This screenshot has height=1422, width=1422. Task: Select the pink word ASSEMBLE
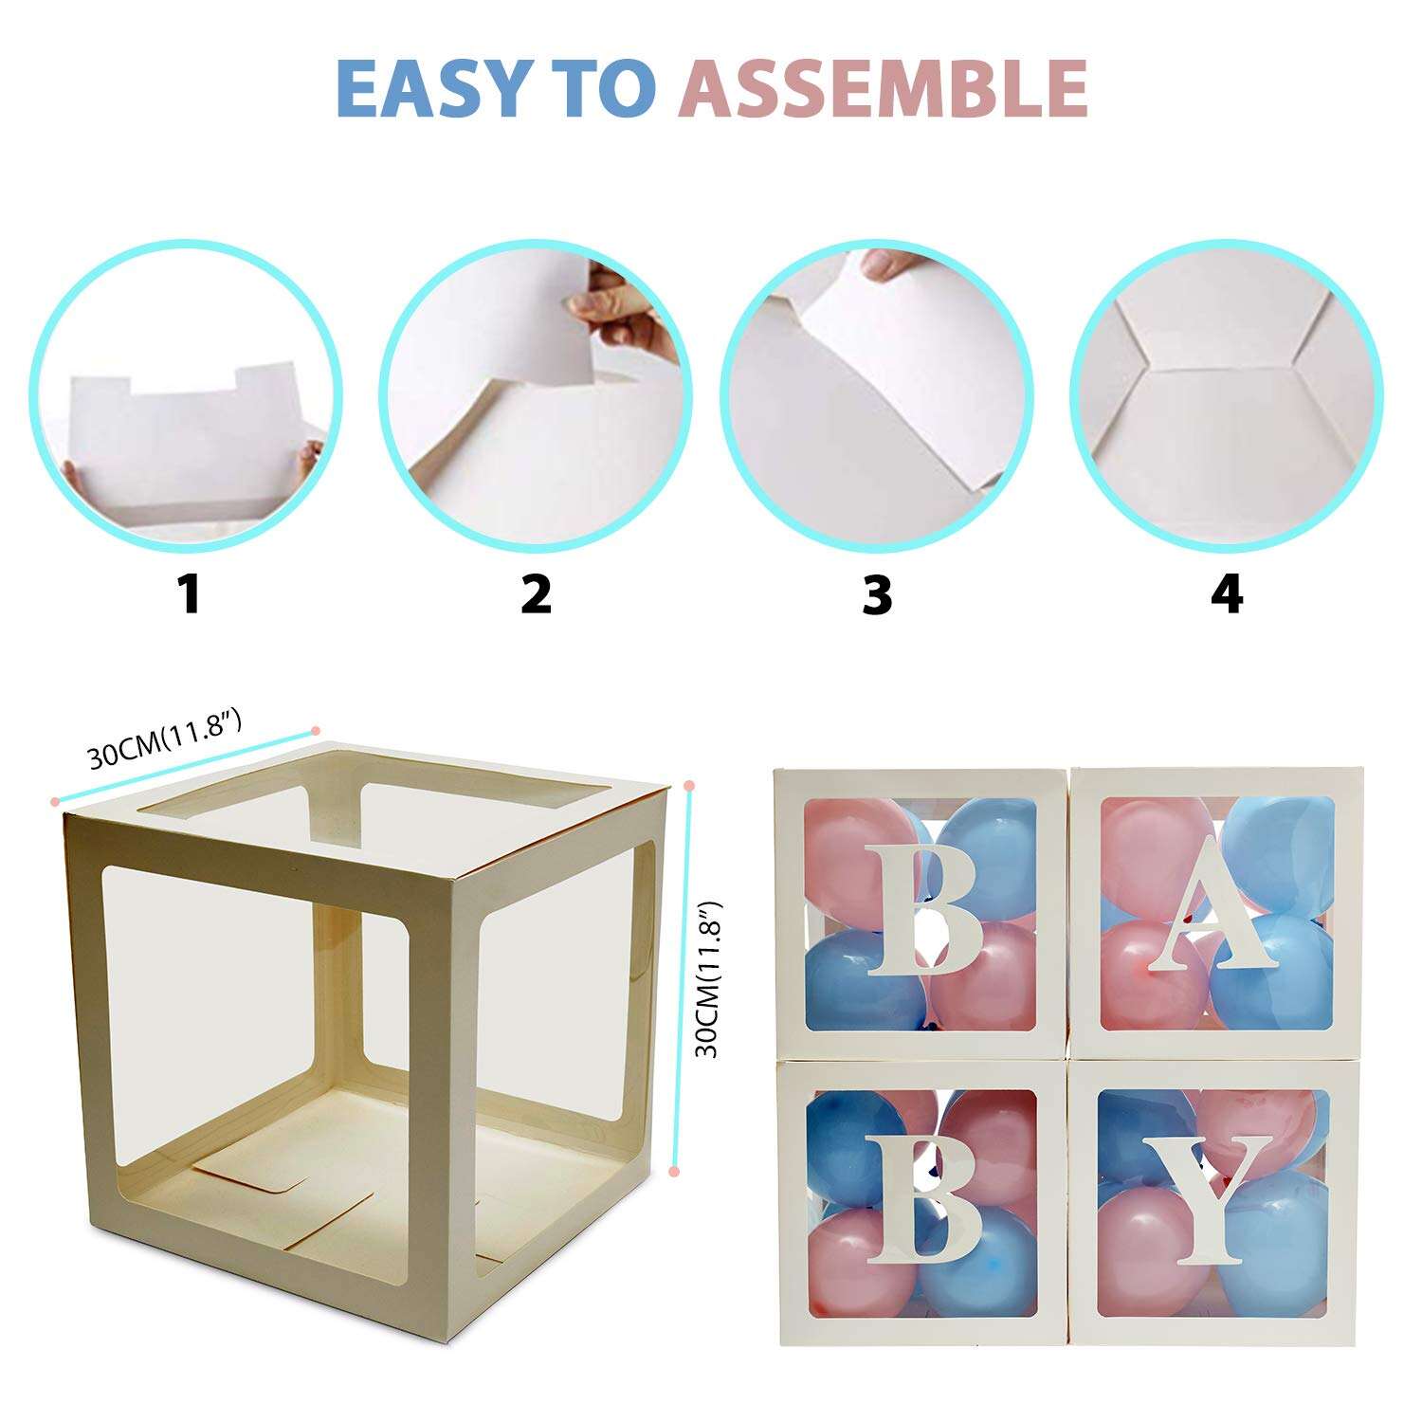(x=883, y=87)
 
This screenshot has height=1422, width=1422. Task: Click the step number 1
(x=191, y=594)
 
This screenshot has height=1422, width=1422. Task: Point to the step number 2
(x=536, y=594)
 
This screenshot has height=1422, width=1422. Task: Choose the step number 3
(x=877, y=594)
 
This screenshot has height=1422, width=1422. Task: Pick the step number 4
(x=1227, y=594)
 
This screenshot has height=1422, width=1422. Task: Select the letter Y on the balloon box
(x=1207, y=1199)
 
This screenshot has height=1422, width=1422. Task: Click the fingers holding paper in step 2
(x=626, y=313)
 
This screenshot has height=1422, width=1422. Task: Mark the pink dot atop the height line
(x=689, y=786)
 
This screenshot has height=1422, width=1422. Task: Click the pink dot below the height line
(x=674, y=1172)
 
